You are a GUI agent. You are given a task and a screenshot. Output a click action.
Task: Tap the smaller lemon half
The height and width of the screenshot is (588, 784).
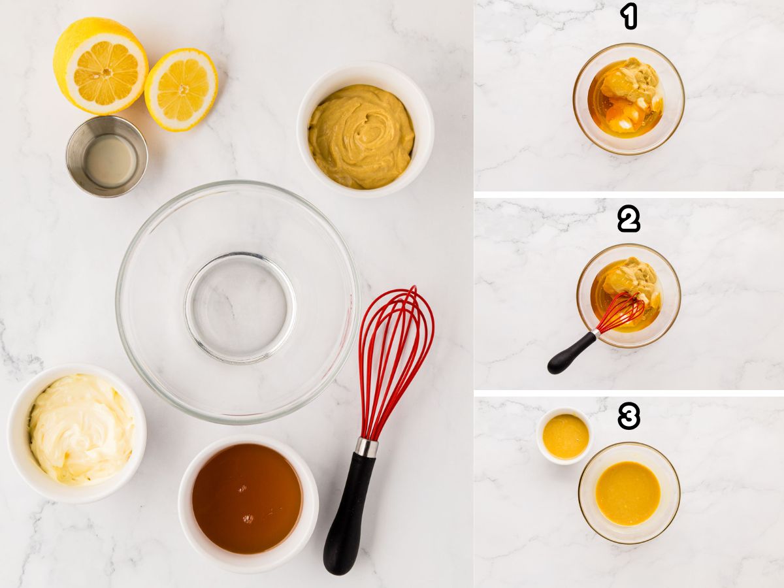(x=181, y=90)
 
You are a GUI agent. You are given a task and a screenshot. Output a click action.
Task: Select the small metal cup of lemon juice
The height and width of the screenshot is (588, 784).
(x=107, y=157)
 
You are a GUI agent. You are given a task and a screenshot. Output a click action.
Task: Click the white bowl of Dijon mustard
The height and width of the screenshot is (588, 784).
(x=363, y=131)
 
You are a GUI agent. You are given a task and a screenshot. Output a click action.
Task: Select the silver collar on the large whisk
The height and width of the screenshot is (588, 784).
(x=366, y=448)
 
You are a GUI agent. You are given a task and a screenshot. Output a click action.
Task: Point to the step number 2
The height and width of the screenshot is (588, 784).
(x=629, y=220)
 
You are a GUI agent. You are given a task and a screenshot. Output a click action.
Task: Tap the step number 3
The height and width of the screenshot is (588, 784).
(x=629, y=416)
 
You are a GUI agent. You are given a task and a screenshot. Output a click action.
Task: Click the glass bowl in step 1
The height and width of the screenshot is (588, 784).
(x=628, y=99)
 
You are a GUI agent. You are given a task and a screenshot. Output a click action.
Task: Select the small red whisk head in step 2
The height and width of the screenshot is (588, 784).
(x=620, y=312)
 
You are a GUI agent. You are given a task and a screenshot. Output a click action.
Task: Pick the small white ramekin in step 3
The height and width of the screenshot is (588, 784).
(x=565, y=436)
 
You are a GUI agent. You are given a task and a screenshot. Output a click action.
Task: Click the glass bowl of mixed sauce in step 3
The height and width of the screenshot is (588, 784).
(x=629, y=493)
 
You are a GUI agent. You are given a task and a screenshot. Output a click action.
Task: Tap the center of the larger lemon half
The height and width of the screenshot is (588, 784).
(x=105, y=73)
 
